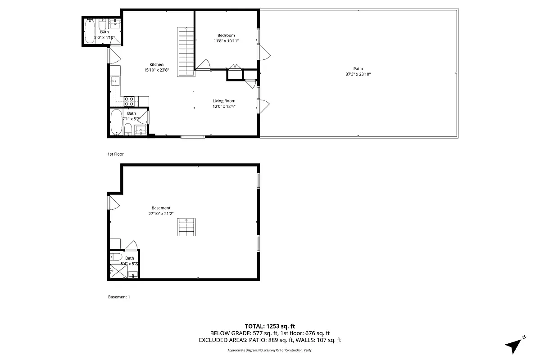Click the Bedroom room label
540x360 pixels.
coord(226,35)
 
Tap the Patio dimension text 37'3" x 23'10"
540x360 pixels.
coord(358,74)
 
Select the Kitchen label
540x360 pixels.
coord(157,64)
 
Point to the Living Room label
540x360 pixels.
coord(224,101)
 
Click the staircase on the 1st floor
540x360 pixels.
coord(185,51)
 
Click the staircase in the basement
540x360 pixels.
coord(186,227)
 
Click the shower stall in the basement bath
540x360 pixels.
coord(118,272)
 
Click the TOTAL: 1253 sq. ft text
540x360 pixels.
coord(270,326)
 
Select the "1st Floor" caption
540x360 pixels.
coord(115,154)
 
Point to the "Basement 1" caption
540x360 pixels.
coord(119,297)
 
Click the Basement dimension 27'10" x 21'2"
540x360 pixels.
coord(161,214)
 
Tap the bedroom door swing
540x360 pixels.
coord(204,65)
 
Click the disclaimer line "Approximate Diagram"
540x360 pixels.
coord(270,351)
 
